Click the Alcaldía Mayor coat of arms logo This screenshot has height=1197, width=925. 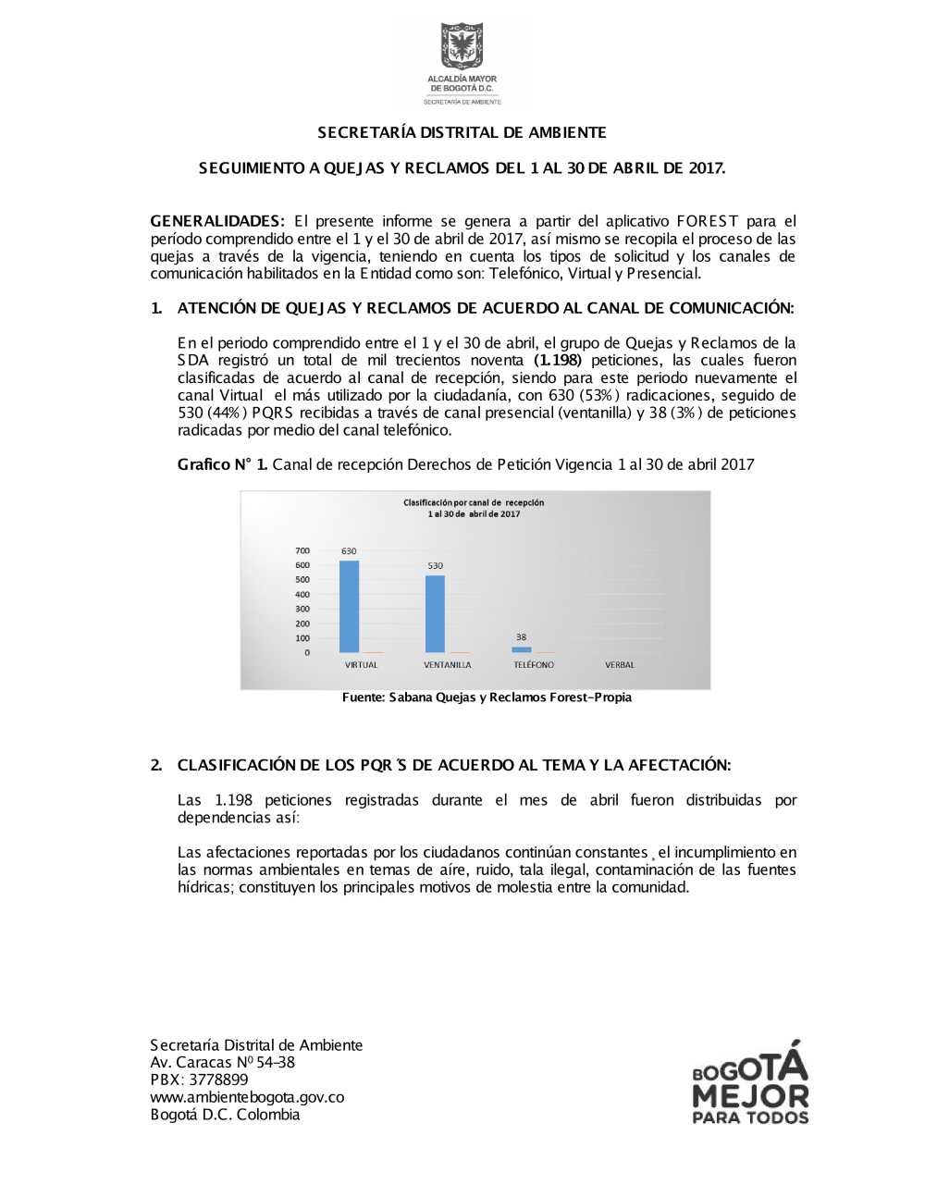[x=462, y=46]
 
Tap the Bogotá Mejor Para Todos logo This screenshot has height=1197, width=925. [x=750, y=1082]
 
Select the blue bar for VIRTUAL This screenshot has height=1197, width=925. [x=349, y=607]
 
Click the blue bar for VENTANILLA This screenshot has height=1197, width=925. [x=435, y=614]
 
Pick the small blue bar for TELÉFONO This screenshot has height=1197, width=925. [x=522, y=649]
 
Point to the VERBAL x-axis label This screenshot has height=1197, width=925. [x=620, y=665]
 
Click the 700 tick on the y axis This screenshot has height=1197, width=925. [x=302, y=550]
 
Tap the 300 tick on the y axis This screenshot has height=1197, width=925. [x=302, y=609]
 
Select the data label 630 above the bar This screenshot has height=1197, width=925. [x=349, y=551]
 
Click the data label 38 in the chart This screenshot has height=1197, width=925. [x=522, y=637]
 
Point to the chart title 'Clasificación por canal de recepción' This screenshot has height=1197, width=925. [x=474, y=503]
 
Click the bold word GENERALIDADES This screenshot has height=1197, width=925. [x=217, y=221]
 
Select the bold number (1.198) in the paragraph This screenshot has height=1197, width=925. [x=558, y=360]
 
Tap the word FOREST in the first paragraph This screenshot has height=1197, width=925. [x=708, y=221]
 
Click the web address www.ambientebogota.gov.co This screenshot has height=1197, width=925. [x=247, y=1097]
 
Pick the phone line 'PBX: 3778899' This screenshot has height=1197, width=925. [x=199, y=1080]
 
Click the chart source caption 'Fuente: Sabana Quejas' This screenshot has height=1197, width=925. [x=487, y=697]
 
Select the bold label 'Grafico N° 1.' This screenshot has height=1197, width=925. [x=222, y=464]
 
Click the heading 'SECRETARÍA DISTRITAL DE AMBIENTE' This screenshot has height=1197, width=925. [x=462, y=132]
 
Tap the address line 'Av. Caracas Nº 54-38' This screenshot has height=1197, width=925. [x=222, y=1062]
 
